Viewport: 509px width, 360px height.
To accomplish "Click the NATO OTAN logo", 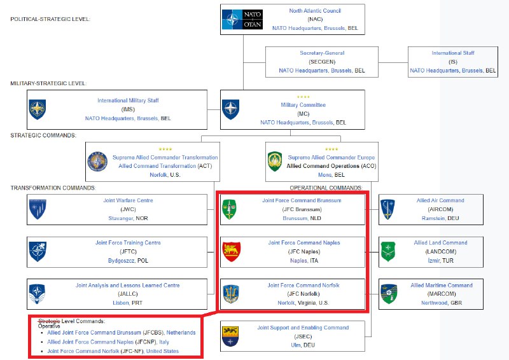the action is (x=242, y=19).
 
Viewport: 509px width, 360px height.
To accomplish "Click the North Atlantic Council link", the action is (x=315, y=11).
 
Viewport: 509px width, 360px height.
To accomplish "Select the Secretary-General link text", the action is (x=322, y=53).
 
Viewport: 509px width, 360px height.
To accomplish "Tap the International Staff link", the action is (x=453, y=53).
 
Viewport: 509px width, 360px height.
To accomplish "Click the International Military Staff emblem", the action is (x=38, y=109).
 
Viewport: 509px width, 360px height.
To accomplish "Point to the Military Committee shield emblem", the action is (x=231, y=109).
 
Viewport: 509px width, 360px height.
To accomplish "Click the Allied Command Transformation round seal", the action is (x=97, y=162).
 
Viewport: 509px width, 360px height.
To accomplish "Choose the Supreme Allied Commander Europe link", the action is (x=331, y=158).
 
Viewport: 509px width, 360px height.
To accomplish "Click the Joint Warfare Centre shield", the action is (x=38, y=209).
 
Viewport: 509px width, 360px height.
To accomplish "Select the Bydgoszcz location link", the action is (x=121, y=261).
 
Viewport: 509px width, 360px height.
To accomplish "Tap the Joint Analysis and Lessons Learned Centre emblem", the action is (x=37, y=294).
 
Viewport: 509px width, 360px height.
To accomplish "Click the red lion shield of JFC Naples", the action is (x=232, y=252).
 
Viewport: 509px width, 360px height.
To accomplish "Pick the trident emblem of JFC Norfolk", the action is (x=231, y=294).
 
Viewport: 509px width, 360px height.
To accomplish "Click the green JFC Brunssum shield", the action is (x=229, y=209).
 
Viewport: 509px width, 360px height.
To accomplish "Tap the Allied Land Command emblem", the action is (x=388, y=252).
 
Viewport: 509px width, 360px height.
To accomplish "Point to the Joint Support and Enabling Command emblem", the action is (x=230, y=336).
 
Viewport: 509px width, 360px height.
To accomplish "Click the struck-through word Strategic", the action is (x=49, y=321).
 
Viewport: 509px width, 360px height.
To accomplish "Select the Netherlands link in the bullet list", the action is (x=181, y=333).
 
